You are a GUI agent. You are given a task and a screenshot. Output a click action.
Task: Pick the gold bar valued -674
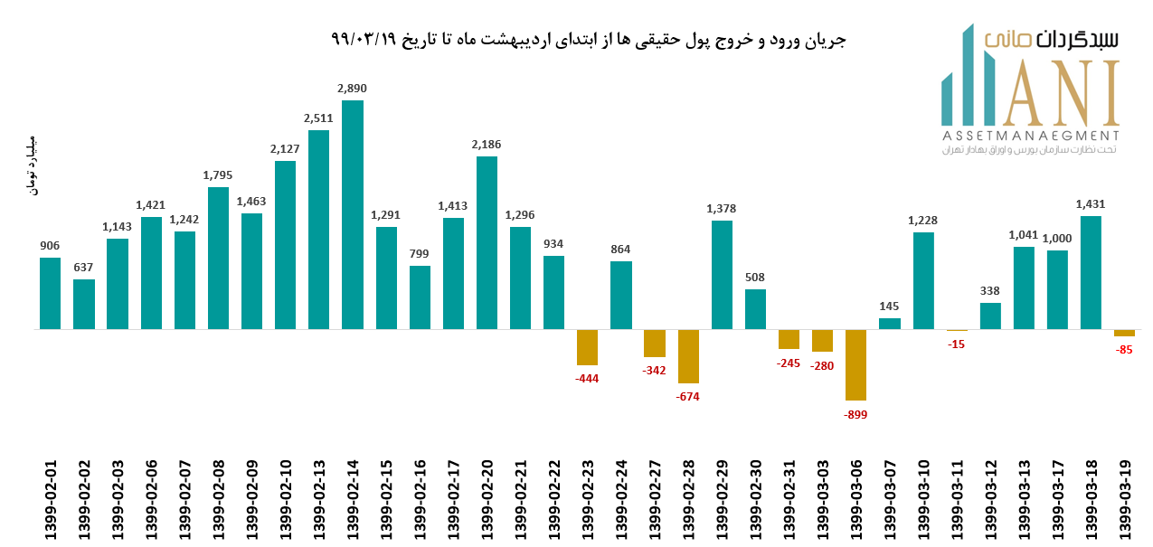tap(688, 356)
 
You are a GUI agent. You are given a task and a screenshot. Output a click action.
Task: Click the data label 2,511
tap(318, 118)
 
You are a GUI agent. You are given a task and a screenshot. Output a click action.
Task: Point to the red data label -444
tap(588, 378)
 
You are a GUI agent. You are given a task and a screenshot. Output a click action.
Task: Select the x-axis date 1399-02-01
tap(51, 501)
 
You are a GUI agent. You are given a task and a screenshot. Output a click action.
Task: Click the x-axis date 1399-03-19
tap(1125, 501)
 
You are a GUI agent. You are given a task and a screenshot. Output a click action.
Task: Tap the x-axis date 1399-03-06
tap(855, 501)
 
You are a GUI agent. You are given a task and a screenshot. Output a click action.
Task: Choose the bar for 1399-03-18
tap(1092, 272)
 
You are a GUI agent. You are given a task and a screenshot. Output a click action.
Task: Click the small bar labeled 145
tap(890, 324)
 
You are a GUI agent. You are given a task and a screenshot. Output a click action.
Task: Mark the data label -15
tap(957, 344)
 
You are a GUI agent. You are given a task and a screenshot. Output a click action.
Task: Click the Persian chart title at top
tap(589, 41)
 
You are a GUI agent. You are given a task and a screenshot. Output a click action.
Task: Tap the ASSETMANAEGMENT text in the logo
tap(1030, 135)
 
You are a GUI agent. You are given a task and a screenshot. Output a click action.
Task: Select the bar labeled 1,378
tap(722, 275)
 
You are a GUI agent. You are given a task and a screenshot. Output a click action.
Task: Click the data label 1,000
tap(1057, 238)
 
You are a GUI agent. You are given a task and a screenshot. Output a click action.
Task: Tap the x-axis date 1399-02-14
tap(353, 501)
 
